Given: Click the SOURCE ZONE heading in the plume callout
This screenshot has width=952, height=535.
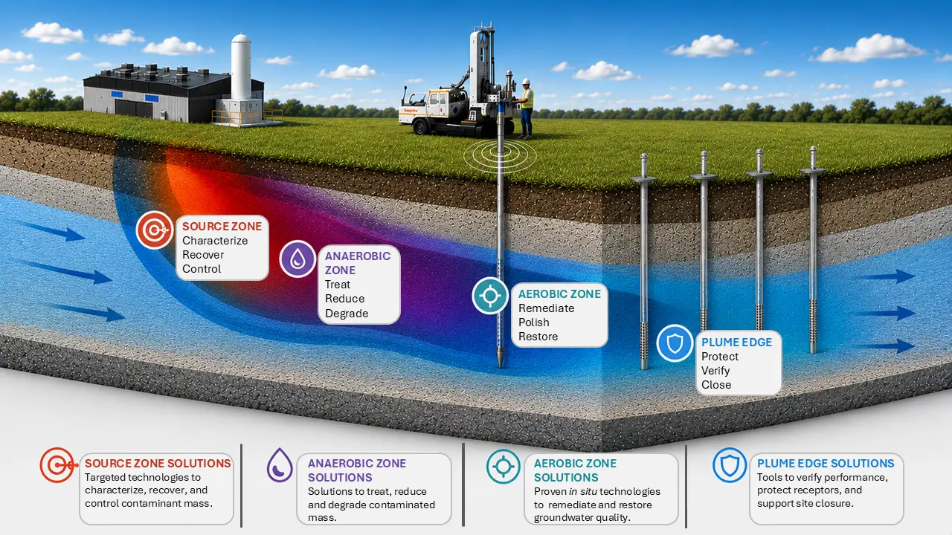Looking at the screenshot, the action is [222, 227].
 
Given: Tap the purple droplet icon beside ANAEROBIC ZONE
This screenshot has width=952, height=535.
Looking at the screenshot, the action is [297, 259].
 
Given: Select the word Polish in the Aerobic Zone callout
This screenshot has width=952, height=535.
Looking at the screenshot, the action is [534, 322].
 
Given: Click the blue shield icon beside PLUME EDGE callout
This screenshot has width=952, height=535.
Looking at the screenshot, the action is [675, 343].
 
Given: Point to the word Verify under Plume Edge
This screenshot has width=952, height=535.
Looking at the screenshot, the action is [715, 371].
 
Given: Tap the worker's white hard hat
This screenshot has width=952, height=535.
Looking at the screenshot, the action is [526, 82].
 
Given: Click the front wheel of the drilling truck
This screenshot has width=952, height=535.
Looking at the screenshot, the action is [421, 126].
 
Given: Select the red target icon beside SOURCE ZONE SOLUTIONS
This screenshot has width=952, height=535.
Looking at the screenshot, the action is [58, 465].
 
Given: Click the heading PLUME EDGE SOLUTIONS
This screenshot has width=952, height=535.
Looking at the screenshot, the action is [826, 463].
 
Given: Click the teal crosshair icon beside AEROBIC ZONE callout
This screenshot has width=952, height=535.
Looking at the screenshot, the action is [490, 296].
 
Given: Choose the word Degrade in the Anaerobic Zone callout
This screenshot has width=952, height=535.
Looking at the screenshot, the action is [347, 314].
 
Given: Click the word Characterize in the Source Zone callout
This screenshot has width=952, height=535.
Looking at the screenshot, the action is [215, 241].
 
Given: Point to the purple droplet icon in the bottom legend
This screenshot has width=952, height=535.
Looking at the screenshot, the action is [280, 465].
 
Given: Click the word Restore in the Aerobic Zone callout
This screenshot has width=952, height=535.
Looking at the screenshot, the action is [538, 337].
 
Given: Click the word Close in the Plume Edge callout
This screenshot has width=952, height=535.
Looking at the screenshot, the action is [716, 385].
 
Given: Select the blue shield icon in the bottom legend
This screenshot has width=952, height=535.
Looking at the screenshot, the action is [730, 465].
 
